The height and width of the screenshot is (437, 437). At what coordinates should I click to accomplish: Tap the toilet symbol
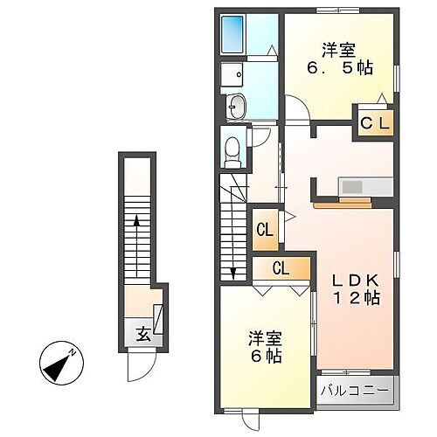coord(232,151)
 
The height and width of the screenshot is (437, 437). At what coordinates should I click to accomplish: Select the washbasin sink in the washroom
coord(235,108)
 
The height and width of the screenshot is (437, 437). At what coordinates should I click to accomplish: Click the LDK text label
coord(353,281)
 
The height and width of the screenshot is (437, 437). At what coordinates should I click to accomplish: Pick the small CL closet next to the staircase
coord(266,231)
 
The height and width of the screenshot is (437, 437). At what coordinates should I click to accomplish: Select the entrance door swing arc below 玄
coord(138,368)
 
